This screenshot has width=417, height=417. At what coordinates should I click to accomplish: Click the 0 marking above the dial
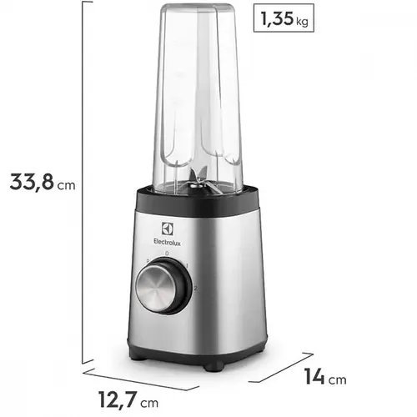(168, 253)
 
